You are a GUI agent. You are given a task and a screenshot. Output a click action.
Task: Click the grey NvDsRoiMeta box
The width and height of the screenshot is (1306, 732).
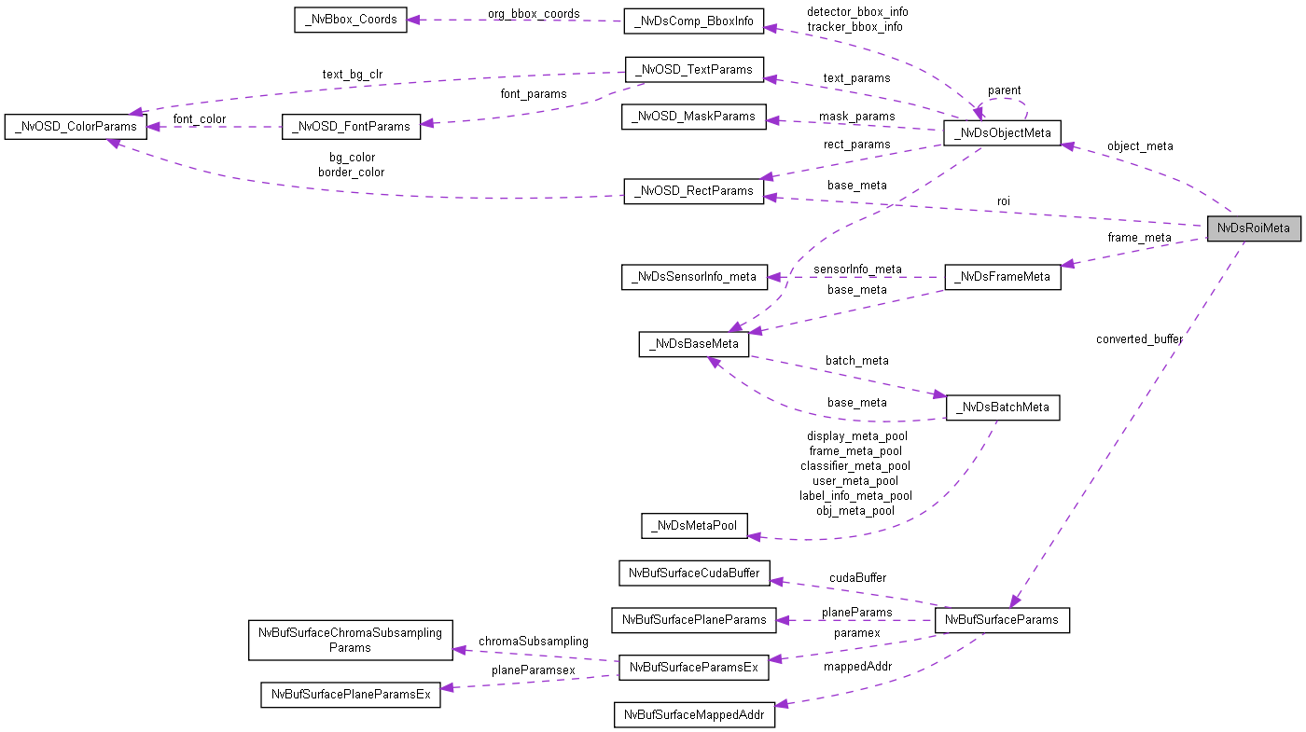[1253, 228]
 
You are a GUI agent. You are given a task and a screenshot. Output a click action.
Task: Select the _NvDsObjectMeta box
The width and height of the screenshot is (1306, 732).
[1002, 132]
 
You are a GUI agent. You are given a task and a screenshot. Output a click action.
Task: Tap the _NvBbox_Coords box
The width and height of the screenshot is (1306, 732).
[350, 21]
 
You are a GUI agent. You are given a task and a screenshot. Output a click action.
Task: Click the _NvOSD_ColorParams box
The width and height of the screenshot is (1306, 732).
[76, 127]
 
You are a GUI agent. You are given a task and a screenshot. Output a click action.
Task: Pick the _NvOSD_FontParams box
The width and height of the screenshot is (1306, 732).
[351, 127]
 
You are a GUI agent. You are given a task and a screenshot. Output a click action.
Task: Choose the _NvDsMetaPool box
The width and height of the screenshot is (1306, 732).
[694, 526]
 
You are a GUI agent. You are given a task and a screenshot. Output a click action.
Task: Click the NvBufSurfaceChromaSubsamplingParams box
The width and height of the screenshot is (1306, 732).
[351, 640]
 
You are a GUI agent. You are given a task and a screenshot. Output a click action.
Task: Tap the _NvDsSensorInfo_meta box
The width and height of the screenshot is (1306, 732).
[694, 277]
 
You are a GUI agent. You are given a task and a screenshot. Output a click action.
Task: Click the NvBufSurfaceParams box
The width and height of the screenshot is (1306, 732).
[1001, 620]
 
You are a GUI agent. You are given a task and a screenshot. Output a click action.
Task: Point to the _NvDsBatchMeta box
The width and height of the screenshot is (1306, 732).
[1002, 407]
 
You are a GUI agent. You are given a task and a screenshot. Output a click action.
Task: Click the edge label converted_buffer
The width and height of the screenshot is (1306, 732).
[1139, 339]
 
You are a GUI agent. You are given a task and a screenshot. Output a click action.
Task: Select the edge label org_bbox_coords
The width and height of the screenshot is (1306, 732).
[534, 14]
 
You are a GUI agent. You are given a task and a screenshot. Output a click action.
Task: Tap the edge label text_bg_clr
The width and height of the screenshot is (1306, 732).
[353, 75]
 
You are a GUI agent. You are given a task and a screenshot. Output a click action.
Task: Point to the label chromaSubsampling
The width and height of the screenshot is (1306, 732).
[534, 641]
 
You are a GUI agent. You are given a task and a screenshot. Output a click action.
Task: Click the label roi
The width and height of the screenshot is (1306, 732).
[1003, 200]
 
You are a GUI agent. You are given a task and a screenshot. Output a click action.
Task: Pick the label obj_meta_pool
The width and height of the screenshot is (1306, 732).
[855, 510]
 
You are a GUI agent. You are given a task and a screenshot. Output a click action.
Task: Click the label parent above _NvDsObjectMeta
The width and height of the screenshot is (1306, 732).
[1004, 90]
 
